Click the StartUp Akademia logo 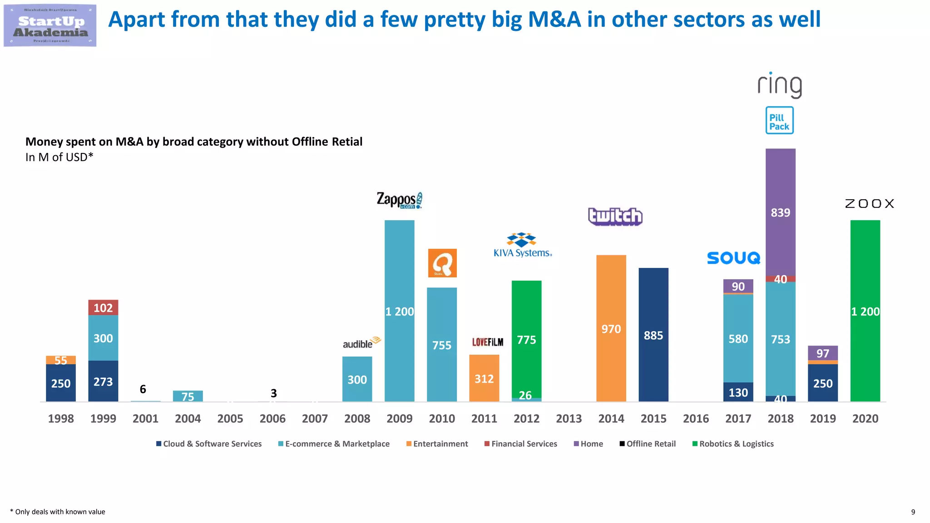tap(50, 25)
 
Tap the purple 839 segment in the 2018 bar tap(780, 212)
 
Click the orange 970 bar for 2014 tap(611, 328)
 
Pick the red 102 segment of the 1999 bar tap(103, 307)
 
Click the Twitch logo tap(615, 216)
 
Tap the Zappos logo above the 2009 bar tap(399, 200)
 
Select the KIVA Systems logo tap(523, 245)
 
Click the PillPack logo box tap(779, 120)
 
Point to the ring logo tap(779, 85)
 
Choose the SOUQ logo tap(733, 258)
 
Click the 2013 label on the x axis tap(569, 418)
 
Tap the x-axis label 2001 tap(145, 418)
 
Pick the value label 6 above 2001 tap(143, 389)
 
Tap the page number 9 tap(913, 512)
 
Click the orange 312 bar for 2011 tap(484, 378)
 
